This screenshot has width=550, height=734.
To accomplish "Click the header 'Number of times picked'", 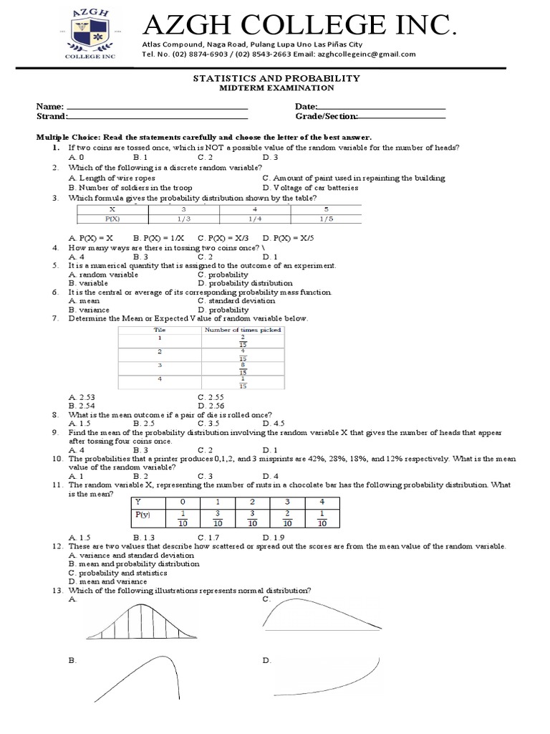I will pos(243,330).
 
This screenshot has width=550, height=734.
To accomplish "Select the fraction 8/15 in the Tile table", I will pos(243,368).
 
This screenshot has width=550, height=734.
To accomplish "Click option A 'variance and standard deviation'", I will pos(122,556).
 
